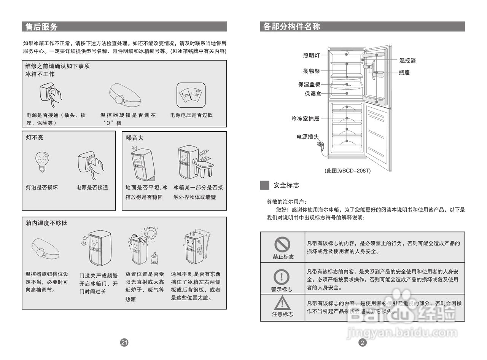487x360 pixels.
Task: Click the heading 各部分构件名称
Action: tap(291, 27)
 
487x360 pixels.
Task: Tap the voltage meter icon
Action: tap(191, 95)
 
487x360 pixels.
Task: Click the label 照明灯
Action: tap(311, 55)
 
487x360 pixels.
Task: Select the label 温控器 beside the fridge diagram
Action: tap(407, 60)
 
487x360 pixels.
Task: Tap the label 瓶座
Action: tap(404, 72)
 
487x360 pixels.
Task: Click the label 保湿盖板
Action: tap(309, 84)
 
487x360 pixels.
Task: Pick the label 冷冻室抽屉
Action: tap(306, 118)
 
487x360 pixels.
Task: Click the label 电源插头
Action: tap(307, 137)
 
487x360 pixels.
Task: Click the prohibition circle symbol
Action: tap(282, 244)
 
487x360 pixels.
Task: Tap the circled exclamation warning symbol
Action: tap(282, 277)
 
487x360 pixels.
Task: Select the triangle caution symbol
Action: tap(282, 303)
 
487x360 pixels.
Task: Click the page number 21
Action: tap(124, 342)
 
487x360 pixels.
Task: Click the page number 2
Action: tap(362, 342)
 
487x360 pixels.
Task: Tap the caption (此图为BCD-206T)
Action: tap(347, 171)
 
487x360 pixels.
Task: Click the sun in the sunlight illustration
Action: tap(151, 234)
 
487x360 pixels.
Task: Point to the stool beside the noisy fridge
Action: tap(205, 168)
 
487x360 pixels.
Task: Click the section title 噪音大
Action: tap(135, 138)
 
